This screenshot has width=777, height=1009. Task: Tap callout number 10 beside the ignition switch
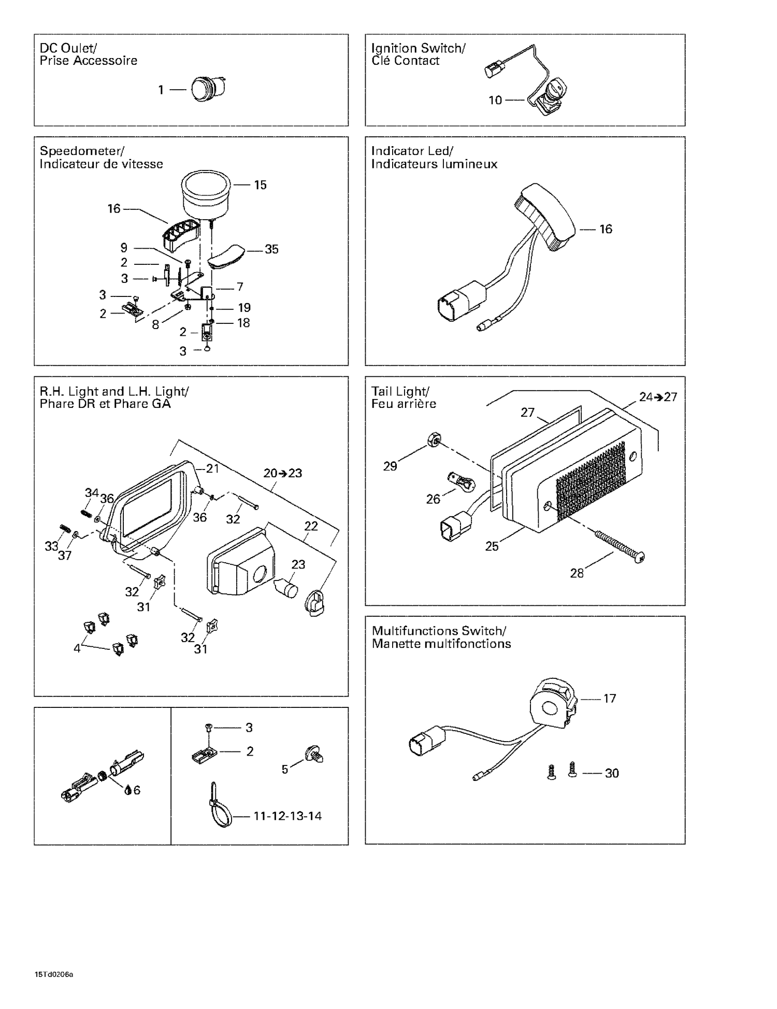tap(495, 100)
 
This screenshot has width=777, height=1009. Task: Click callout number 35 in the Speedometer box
tap(271, 249)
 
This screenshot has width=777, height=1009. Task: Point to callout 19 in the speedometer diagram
tap(244, 308)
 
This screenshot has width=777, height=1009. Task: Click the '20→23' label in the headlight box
tap(282, 473)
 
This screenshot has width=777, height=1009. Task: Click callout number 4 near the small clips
tap(77, 648)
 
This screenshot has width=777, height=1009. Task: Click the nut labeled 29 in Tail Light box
tap(434, 441)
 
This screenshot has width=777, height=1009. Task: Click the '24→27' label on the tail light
tap(658, 397)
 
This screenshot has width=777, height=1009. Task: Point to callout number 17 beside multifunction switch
tap(610, 699)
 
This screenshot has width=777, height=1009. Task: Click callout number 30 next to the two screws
tap(612, 773)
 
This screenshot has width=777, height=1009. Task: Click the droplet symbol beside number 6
tap(127, 790)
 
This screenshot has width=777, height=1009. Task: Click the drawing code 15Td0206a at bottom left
tap(54, 974)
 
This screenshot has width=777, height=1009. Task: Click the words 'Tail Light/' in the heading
tap(400, 391)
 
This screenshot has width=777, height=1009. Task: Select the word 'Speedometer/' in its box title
tap(82, 151)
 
